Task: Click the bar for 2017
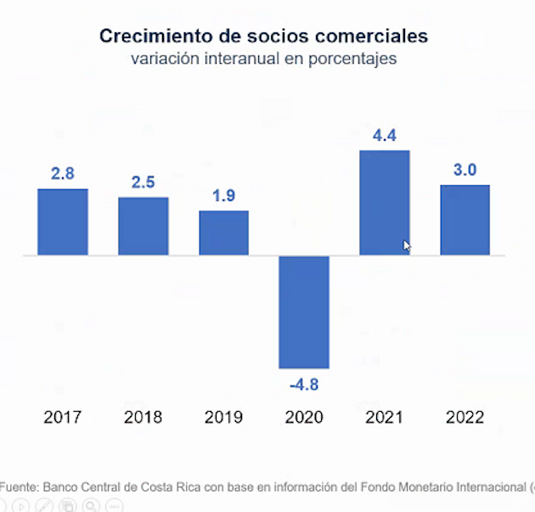pos(63,222)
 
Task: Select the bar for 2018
pos(144,226)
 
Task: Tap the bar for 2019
pos(224,233)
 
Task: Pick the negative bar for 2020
pos(304,312)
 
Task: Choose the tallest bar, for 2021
pos(385,203)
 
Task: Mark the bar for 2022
pos(465,220)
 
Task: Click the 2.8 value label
pos(63,173)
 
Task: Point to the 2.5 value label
pos(144,183)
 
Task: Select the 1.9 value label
pos(224,196)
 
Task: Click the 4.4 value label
pos(385,135)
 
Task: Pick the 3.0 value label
pos(465,170)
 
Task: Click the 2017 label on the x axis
pos(63,418)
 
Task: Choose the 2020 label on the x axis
pos(304,418)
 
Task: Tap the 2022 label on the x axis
pos(465,418)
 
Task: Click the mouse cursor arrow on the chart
pos(407,245)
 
